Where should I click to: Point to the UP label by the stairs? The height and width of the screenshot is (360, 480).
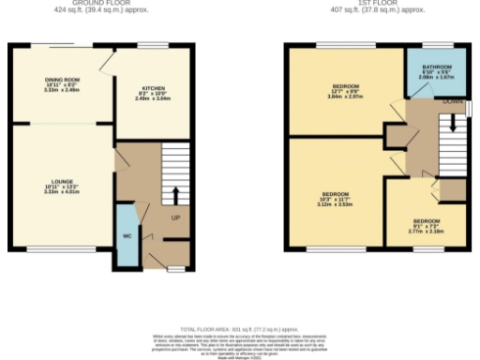click(175, 219)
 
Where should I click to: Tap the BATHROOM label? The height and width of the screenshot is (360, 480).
click(436, 71)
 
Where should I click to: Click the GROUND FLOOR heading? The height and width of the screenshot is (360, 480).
click(100, 2)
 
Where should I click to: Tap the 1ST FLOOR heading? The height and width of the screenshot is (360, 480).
click(378, 2)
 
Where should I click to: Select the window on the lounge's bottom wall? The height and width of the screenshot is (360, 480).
click(52, 250)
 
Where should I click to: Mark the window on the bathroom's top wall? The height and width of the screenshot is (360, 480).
click(431, 45)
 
